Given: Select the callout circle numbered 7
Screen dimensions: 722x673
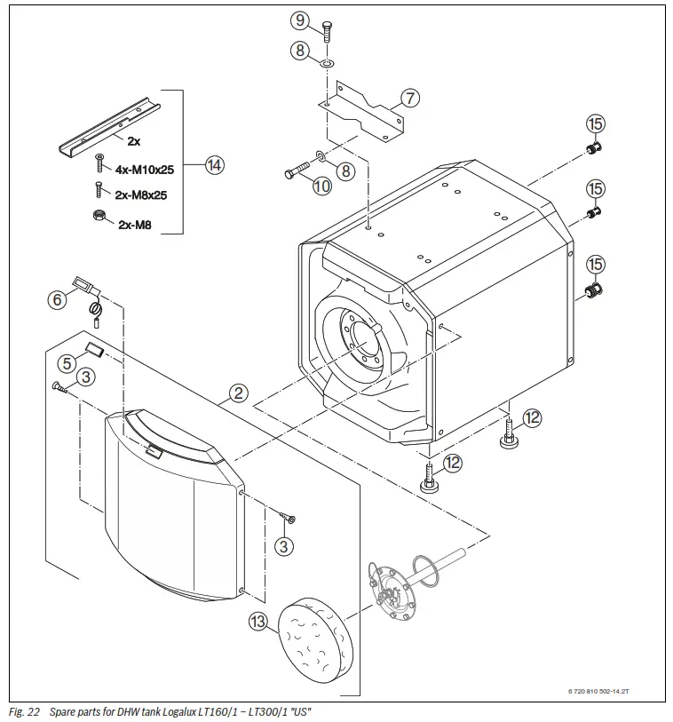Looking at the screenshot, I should (x=409, y=99).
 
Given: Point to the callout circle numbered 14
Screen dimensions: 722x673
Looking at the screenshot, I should (x=215, y=164).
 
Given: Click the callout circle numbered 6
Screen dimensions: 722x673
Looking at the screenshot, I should (x=58, y=300).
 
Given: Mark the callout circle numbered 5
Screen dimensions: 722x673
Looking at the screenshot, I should (x=66, y=362).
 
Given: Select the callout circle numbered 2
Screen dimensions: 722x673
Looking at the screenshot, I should (x=237, y=392).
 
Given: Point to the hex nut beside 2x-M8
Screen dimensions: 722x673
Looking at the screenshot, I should (x=99, y=215).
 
